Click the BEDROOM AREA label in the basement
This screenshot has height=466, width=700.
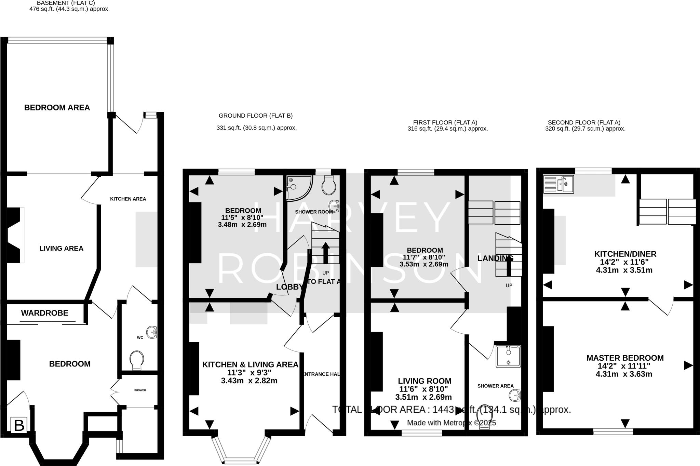click(x=57, y=108)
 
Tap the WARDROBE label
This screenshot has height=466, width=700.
click(x=44, y=313)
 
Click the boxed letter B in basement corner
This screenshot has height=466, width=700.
click(x=19, y=426)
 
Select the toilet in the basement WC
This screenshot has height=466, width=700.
click(x=137, y=360)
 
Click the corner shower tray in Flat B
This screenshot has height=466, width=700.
click(x=298, y=187)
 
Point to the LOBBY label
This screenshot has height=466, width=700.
click(x=289, y=287)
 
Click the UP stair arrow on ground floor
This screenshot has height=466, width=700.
click(x=325, y=253)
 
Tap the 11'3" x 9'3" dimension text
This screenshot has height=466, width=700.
click(x=250, y=373)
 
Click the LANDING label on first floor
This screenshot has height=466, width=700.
click(x=495, y=258)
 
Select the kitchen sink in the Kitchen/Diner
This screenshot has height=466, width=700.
click(x=558, y=184)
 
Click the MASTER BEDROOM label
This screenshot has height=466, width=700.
click(x=625, y=358)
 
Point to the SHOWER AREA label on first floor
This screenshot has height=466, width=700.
click(x=495, y=386)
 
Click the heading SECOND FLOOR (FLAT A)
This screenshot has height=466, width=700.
click(x=584, y=122)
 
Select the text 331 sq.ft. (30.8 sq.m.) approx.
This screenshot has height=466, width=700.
click(x=256, y=128)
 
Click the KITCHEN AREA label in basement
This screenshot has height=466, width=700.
click(x=128, y=199)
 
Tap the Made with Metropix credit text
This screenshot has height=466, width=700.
click(x=451, y=423)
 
